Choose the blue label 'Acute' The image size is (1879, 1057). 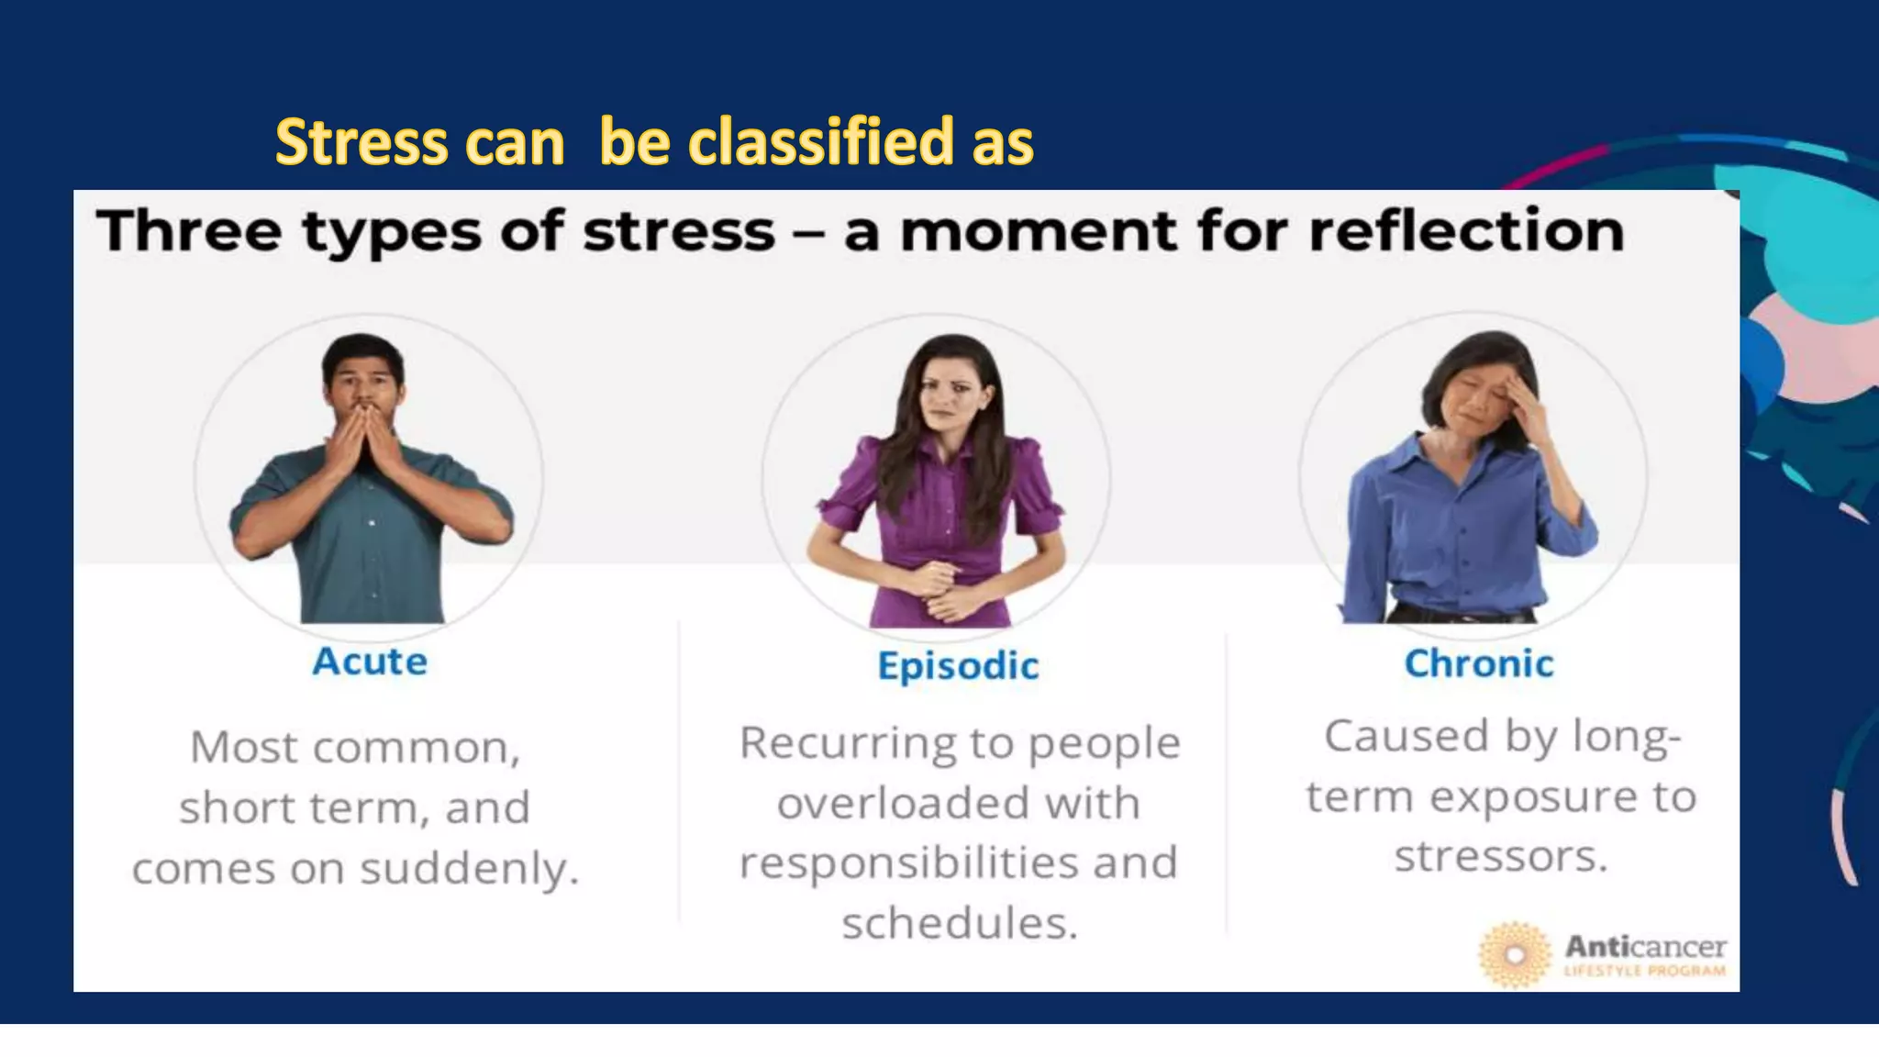point(370,662)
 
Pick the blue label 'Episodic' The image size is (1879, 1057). point(958,666)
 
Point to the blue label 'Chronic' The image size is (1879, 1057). point(1479,663)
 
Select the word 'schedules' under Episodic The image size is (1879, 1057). point(958,922)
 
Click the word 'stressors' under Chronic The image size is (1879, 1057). point(1500,856)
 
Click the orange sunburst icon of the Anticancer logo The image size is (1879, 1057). point(1515,954)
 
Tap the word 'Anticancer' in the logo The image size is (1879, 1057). point(1645,946)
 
